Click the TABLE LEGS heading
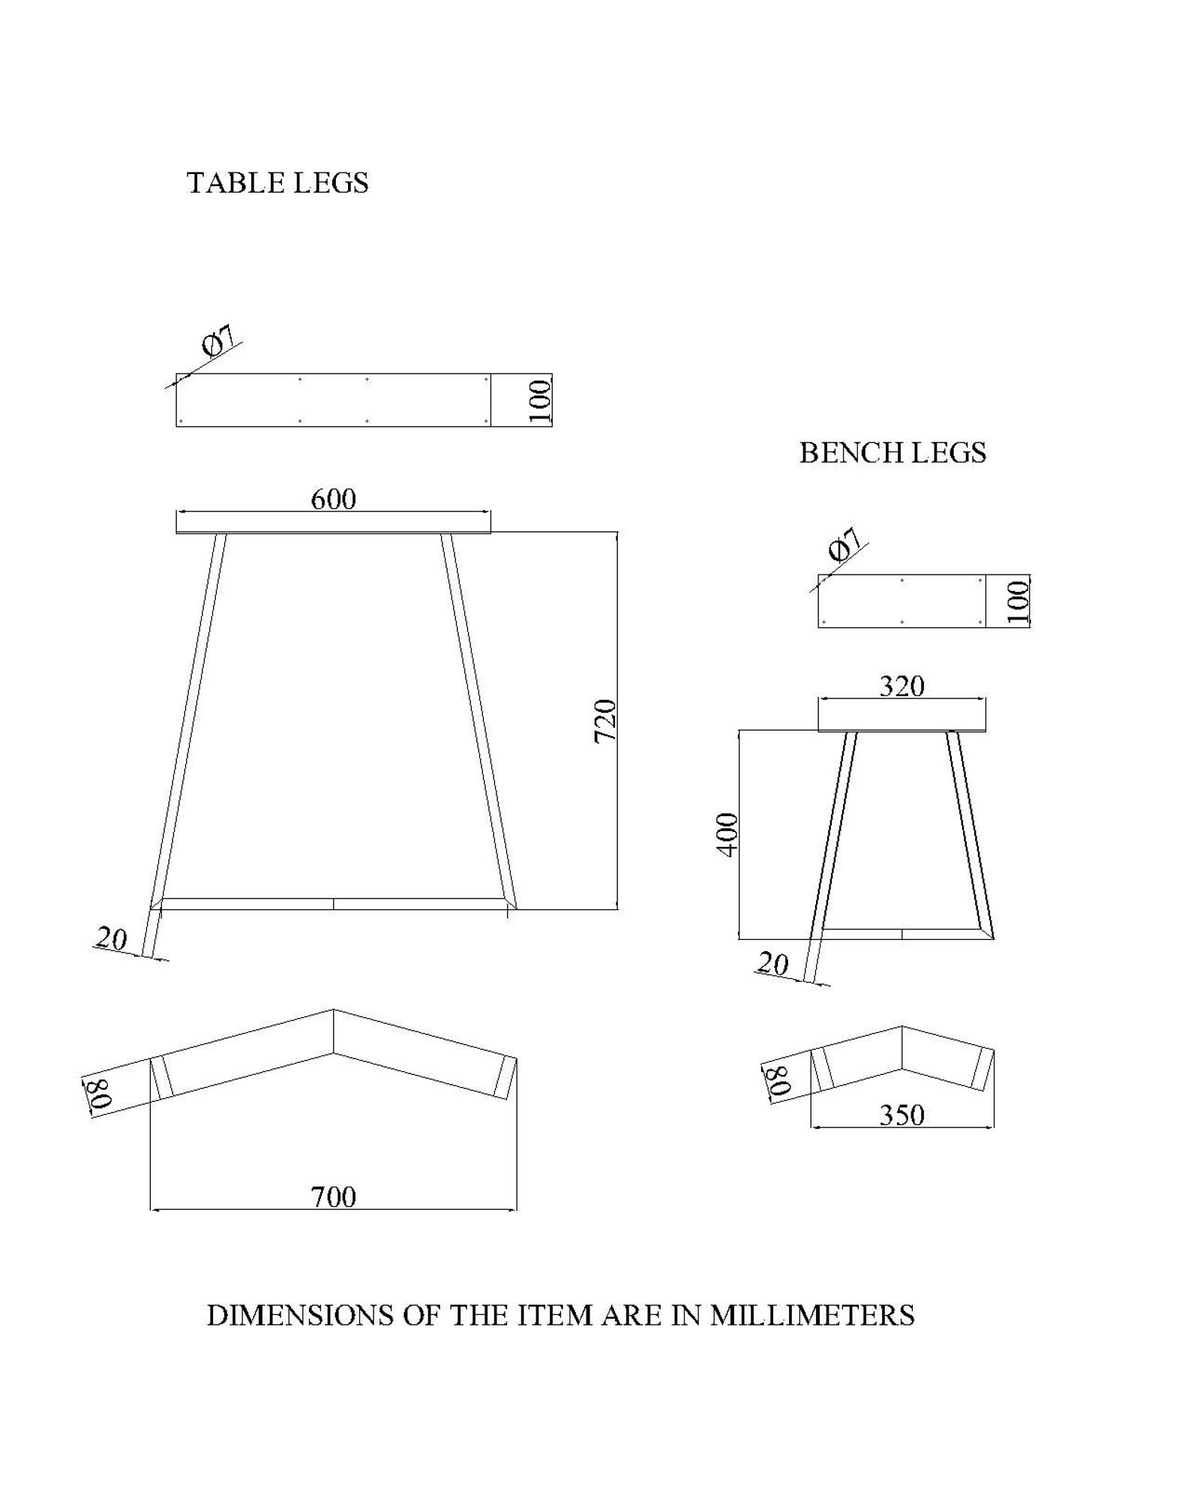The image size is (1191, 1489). pos(277,183)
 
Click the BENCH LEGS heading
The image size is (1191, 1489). pos(892,453)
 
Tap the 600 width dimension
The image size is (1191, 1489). pos(333,500)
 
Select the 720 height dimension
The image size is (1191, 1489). pos(605,721)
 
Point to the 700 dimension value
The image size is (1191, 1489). pos(333,1196)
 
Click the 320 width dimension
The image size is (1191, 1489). pos(901,686)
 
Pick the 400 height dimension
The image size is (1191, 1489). pos(727,833)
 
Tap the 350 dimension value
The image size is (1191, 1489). pos(901,1115)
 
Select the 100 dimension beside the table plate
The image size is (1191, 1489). pos(540,401)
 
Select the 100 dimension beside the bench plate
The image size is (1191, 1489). pos(1018,601)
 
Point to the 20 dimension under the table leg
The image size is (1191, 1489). pos(112,938)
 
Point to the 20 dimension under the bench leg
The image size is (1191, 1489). pos(773,964)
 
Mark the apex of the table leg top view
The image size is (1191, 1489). pos(334,1011)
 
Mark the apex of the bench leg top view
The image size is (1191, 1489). pos(901,1027)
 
